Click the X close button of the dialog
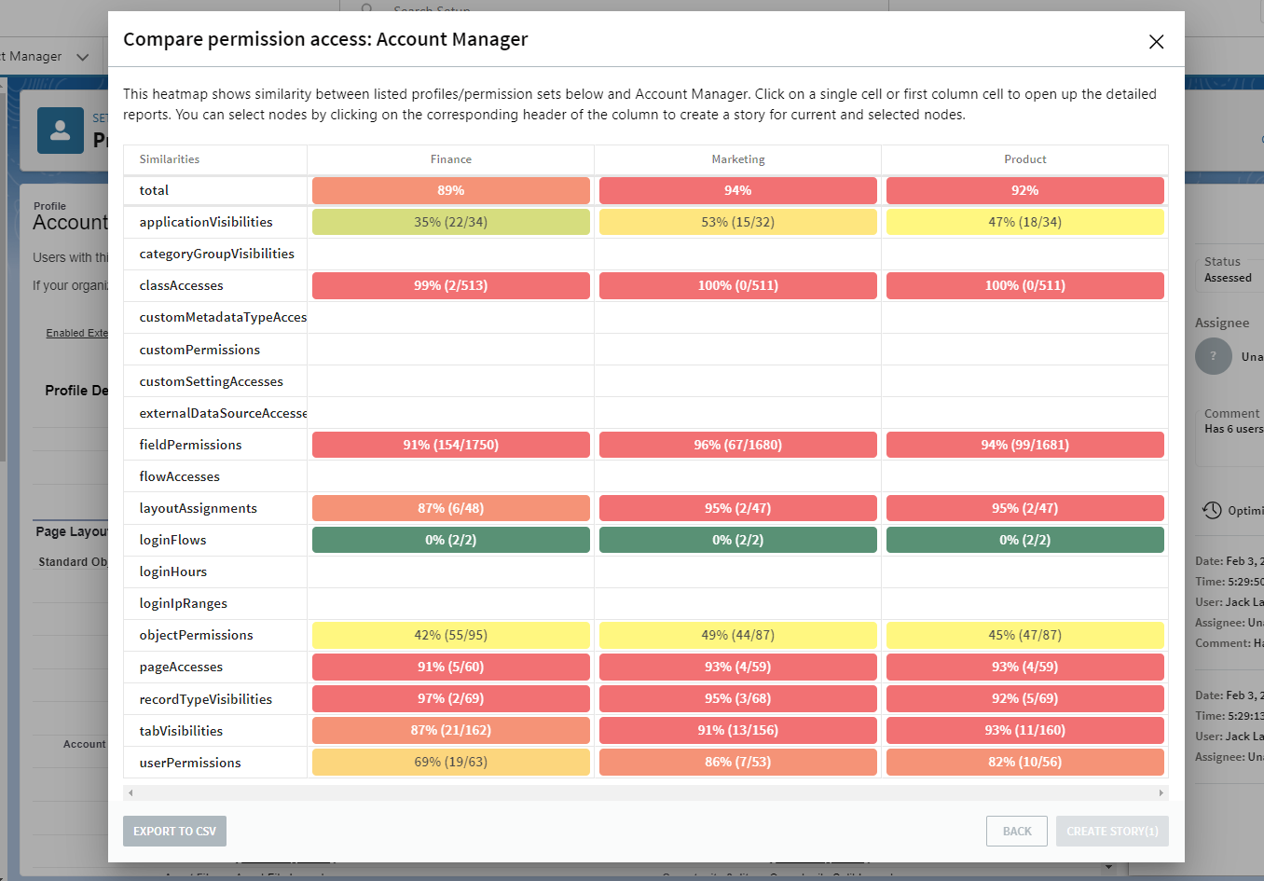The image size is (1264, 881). (1156, 42)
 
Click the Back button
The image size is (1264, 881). (1016, 831)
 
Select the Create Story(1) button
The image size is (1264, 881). (1111, 831)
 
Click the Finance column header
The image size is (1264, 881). (450, 159)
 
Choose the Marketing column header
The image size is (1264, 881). (737, 159)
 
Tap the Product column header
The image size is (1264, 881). (1024, 159)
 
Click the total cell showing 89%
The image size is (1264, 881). (450, 190)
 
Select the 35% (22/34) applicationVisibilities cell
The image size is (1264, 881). (450, 222)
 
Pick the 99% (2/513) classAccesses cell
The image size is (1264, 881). (450, 285)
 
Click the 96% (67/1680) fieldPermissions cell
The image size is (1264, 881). (737, 445)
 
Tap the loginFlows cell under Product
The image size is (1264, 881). (1024, 540)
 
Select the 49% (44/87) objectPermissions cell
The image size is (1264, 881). (737, 635)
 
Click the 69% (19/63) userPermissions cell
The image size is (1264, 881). (450, 762)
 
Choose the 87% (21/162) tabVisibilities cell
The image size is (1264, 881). (450, 730)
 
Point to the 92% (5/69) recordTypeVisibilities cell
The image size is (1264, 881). (1024, 698)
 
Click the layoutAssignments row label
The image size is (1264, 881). (198, 508)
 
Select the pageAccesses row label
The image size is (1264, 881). (181, 667)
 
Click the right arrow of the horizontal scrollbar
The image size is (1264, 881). (1161, 792)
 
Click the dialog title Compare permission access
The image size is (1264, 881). (325, 39)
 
